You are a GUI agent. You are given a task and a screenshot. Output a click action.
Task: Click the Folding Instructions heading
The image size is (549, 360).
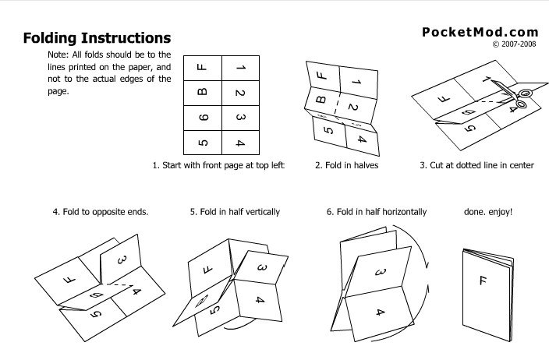[x=97, y=38]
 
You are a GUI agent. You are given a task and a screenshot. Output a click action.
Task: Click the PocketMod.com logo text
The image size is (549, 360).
[x=480, y=32]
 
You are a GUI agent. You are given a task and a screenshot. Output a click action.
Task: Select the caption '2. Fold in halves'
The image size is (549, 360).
[x=346, y=165]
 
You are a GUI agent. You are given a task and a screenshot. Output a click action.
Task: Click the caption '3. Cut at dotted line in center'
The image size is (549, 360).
[x=476, y=165]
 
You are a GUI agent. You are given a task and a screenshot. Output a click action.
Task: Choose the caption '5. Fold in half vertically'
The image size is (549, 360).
[x=234, y=211]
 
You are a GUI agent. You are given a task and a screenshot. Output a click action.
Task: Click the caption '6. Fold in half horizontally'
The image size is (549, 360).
[x=377, y=211]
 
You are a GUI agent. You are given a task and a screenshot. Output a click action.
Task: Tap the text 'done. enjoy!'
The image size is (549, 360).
[x=488, y=211]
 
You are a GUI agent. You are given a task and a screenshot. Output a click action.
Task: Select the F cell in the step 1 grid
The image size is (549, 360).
[x=202, y=68]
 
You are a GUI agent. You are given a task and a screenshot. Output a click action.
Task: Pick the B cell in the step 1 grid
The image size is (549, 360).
[x=202, y=93]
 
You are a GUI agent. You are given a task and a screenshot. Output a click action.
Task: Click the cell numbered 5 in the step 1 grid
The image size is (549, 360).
[x=202, y=142]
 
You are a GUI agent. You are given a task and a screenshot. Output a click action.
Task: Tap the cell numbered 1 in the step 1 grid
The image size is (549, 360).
[x=241, y=68]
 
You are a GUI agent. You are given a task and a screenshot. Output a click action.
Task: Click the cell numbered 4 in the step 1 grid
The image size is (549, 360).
[x=241, y=142]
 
